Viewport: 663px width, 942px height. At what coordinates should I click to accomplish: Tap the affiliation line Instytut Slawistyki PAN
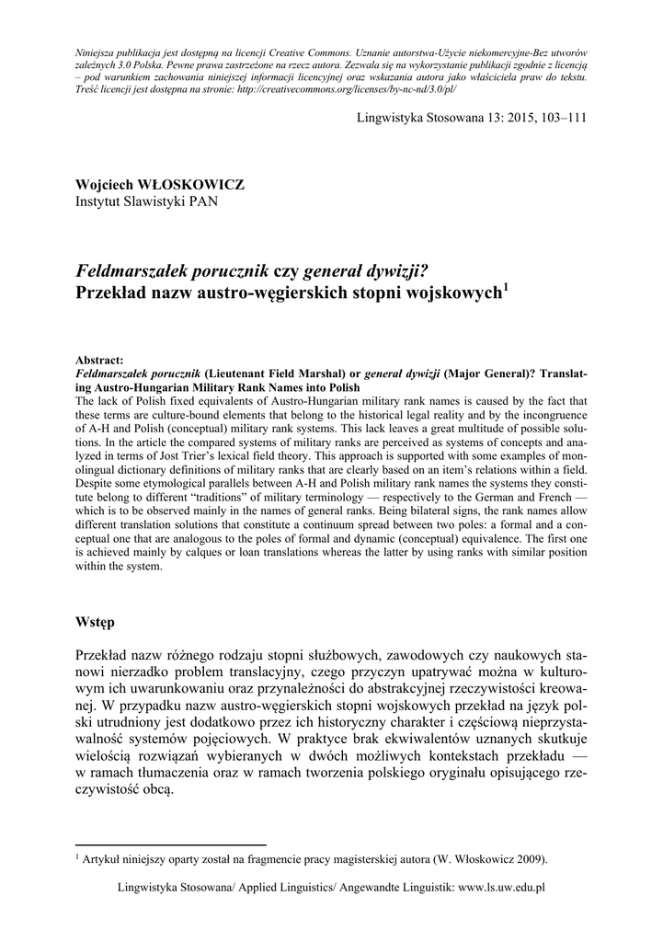(x=146, y=201)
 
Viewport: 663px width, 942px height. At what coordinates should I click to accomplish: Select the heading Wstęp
(x=95, y=622)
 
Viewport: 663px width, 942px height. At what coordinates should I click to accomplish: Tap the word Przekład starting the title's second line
(x=113, y=294)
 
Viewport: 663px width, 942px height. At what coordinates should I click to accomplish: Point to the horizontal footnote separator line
(x=170, y=844)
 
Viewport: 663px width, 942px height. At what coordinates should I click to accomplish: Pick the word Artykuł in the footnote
(x=101, y=860)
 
